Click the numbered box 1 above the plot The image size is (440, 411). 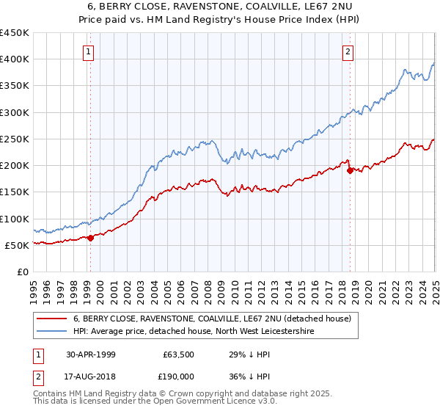[x=88, y=52]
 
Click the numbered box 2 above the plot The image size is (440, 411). [x=347, y=52]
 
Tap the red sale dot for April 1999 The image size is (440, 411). [x=91, y=238]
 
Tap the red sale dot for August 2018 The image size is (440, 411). [x=350, y=170]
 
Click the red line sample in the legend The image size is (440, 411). [x=51, y=319]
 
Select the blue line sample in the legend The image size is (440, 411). [x=51, y=332]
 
